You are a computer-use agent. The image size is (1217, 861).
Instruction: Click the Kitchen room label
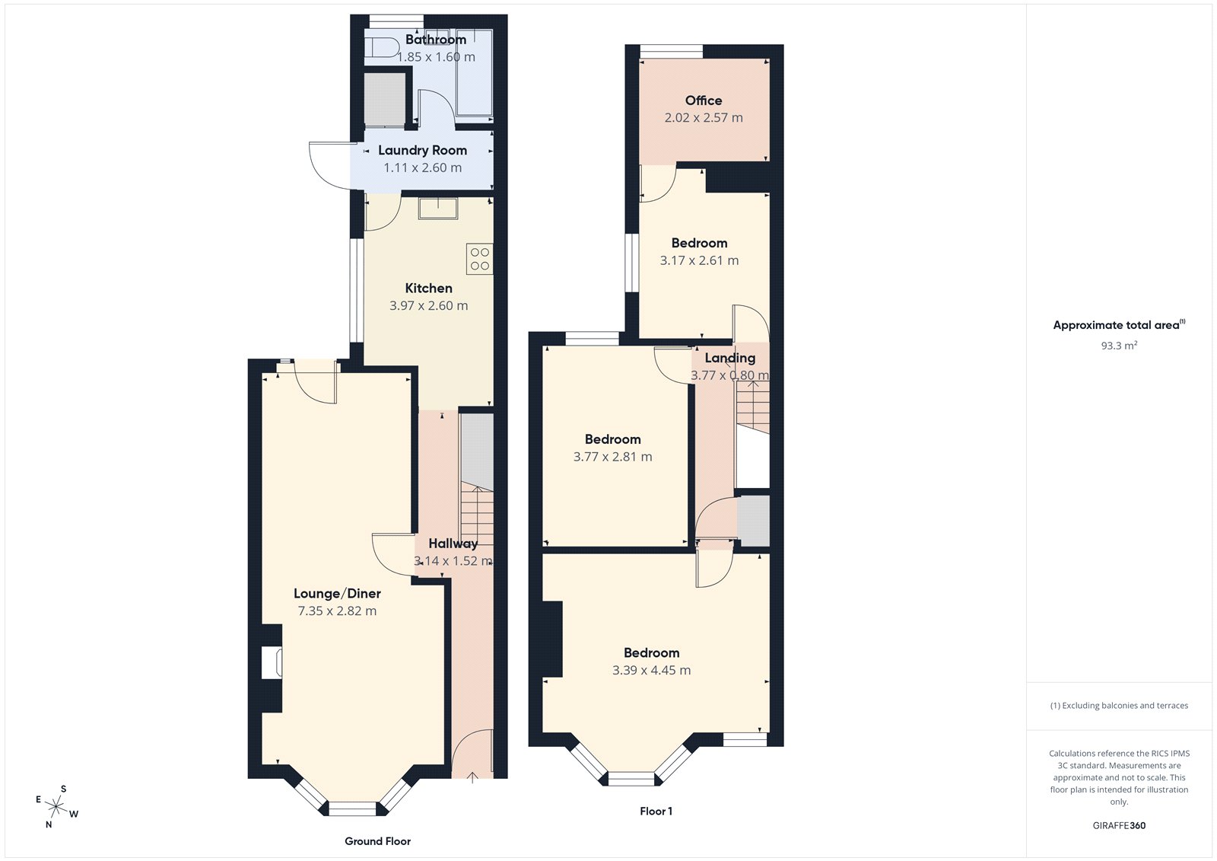pos(428,288)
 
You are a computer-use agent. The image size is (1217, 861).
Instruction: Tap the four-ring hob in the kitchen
pos(479,259)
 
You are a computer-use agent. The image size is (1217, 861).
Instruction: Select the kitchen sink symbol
pos(437,209)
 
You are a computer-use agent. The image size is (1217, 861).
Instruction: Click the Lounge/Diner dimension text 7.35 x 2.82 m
pos(337,611)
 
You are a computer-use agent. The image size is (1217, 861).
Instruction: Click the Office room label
pos(703,100)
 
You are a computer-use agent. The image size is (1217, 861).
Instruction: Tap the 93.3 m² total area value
pos(1119,346)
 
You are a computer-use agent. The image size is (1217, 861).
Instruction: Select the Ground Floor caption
pos(377,841)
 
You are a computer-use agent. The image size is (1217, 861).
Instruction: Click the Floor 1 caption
pos(656,812)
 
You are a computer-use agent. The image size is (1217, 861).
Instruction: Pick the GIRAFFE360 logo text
pos(1119,825)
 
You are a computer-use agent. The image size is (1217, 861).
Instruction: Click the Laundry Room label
pos(422,150)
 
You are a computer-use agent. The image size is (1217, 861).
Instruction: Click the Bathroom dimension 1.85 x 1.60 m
pos(436,57)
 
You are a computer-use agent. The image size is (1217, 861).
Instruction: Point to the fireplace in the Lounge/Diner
pos(272,662)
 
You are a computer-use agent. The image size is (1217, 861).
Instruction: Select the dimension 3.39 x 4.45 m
pos(651,670)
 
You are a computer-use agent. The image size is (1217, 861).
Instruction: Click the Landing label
pos(729,358)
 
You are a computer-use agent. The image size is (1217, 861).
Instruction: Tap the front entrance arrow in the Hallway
pos(472,776)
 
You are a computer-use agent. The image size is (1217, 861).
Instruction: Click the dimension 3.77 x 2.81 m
pos(612,457)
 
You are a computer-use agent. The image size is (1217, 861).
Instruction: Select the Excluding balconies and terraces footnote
pos(1119,706)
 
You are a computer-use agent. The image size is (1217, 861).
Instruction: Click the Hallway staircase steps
pos(477,518)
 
